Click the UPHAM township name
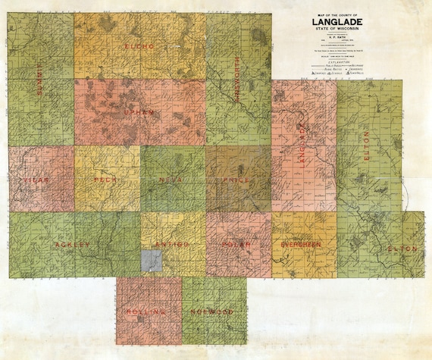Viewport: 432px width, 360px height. pos(139,112)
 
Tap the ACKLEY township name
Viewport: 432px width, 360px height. pos(72,245)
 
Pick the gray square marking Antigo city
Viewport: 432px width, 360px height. pos(152,261)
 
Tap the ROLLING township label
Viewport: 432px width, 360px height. pos(149,311)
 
